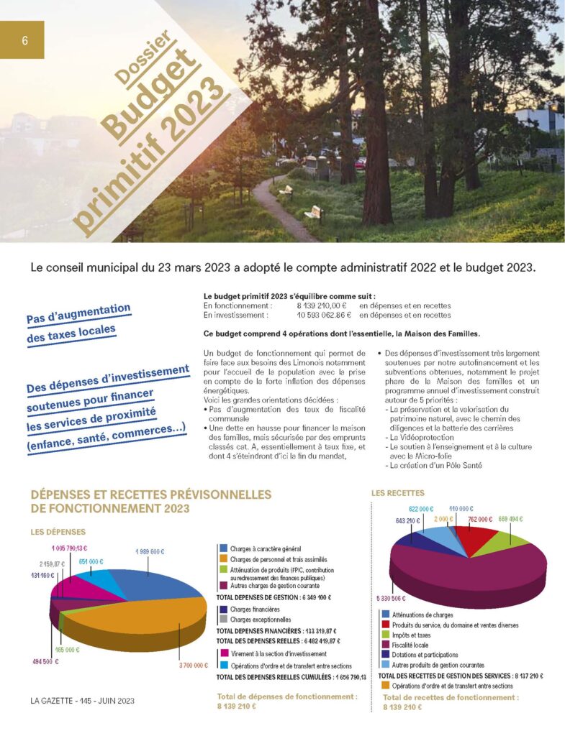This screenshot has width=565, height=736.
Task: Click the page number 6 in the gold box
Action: (x=24, y=40)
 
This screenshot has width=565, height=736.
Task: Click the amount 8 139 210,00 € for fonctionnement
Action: (x=322, y=305)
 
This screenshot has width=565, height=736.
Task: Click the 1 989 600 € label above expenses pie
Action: (x=150, y=551)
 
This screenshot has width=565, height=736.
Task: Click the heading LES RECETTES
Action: (x=398, y=493)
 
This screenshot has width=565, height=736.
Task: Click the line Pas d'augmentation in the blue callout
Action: (x=78, y=314)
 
